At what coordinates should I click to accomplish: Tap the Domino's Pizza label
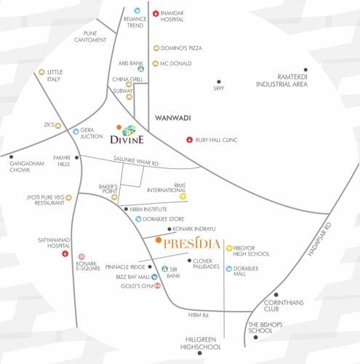coord(186,48)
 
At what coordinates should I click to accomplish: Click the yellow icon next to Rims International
coord(183,196)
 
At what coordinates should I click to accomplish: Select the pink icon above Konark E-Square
coord(82,257)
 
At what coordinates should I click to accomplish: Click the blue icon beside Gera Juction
coord(76,132)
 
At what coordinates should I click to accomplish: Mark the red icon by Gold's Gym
coord(156,285)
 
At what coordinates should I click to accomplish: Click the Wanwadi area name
coord(173,116)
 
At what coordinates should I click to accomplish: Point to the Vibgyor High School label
coord(254,252)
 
